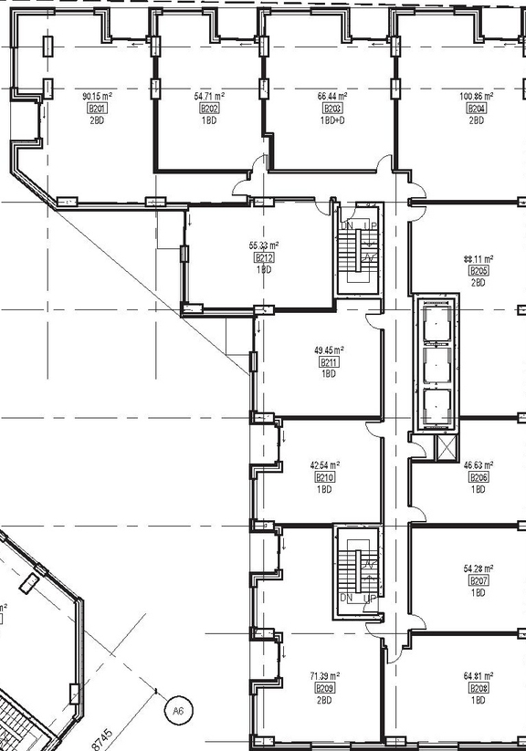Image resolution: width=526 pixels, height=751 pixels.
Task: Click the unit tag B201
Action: pos(95,109)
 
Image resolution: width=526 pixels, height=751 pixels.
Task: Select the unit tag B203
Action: pos(331,109)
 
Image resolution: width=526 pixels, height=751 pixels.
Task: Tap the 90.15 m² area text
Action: pos(95,96)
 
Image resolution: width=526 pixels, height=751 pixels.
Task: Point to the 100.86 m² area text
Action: pos(477,96)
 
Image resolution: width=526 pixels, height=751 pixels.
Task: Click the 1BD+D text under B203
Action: pos(331,120)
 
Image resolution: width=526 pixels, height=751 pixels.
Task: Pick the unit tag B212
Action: pos(264,258)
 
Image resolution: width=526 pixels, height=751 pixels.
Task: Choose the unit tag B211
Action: pos(329,362)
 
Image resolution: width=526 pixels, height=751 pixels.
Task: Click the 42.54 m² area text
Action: pos(324,464)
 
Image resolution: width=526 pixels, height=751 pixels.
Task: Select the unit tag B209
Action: pos(324,688)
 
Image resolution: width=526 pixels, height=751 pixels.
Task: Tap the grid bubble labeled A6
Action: pos(176,708)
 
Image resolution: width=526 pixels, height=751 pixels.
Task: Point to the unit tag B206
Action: pos(478,477)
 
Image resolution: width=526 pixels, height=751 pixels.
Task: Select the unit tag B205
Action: pos(478,271)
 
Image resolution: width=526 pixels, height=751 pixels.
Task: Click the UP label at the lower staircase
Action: pos(369,598)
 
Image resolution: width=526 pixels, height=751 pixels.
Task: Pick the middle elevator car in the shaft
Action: pos(435,362)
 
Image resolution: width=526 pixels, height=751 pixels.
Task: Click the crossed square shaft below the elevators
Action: pos(447,448)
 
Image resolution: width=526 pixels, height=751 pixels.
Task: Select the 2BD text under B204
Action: pos(477,120)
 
